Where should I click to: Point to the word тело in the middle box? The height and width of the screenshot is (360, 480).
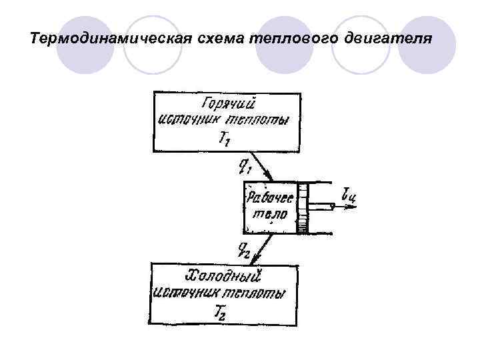271,214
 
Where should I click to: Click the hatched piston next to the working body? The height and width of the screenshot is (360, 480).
304,207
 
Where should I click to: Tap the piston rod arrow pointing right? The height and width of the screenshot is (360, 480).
333,207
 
